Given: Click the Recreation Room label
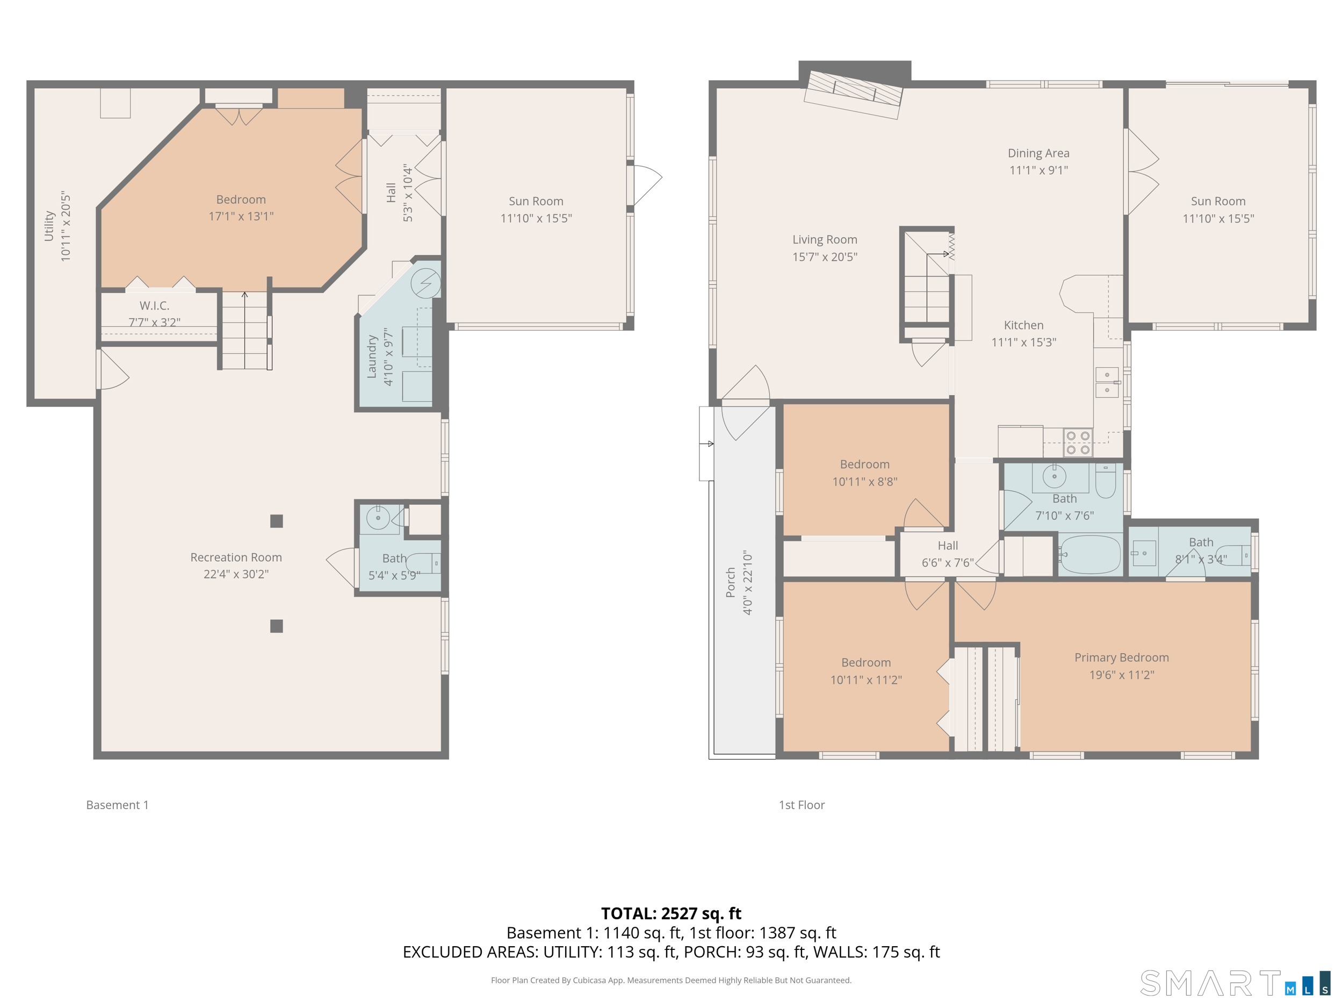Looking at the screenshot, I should pyautogui.click(x=236, y=557).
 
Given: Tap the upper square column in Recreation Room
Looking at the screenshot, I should pyautogui.click(x=276, y=521).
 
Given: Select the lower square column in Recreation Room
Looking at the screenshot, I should pyautogui.click(x=276, y=626).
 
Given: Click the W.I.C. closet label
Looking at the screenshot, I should pyautogui.click(x=154, y=305).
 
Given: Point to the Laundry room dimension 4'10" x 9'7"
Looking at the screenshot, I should pyautogui.click(x=388, y=356).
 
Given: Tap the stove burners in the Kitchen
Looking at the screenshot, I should pyautogui.click(x=1078, y=442).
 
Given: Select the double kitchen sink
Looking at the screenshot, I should pyautogui.click(x=1107, y=382).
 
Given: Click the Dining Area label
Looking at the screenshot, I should pyautogui.click(x=1038, y=153).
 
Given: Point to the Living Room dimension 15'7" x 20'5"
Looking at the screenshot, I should pyautogui.click(x=825, y=257).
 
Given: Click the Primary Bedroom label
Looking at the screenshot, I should pyautogui.click(x=1121, y=657).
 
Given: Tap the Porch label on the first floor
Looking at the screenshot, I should pyautogui.click(x=731, y=582).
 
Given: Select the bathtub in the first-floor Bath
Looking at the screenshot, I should pyautogui.click(x=1091, y=554).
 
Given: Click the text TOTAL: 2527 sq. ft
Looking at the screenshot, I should pyautogui.click(x=671, y=913).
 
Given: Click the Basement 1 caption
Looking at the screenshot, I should pyautogui.click(x=117, y=804).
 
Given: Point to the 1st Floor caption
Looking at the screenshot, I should pyautogui.click(x=802, y=804).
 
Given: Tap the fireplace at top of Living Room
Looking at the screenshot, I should pyautogui.click(x=853, y=94).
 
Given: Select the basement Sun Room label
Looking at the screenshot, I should pyautogui.click(x=536, y=201).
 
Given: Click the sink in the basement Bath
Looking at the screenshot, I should pyautogui.click(x=378, y=518).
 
